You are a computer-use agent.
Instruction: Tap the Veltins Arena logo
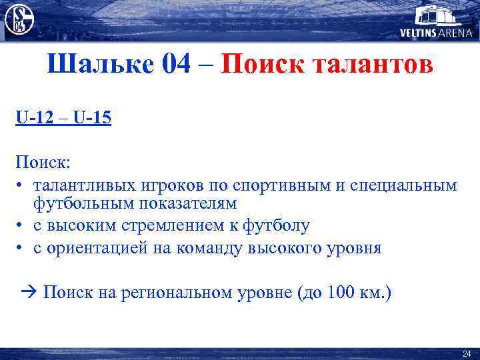[436, 21]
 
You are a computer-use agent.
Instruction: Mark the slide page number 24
[466, 353]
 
